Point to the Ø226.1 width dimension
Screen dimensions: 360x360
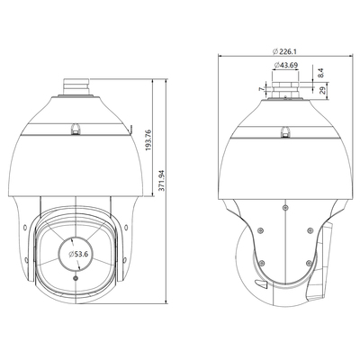[x=284, y=52]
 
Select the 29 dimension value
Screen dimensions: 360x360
[x=325, y=91]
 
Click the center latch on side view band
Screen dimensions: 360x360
[x=285, y=129]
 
